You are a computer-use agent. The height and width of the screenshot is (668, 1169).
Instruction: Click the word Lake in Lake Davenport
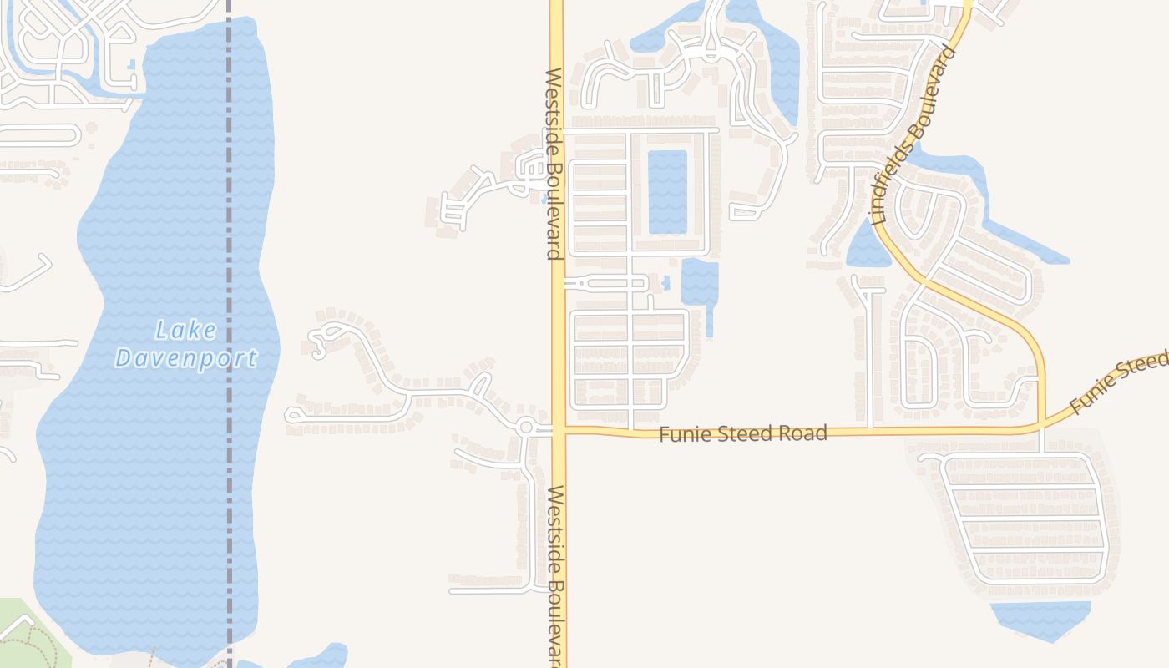[x=186, y=331]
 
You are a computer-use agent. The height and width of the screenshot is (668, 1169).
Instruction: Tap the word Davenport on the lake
[x=186, y=359]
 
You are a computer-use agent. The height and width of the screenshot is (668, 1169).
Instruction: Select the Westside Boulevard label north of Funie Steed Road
[x=554, y=164]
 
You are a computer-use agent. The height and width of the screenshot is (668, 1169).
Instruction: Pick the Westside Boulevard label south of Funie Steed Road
[x=556, y=576]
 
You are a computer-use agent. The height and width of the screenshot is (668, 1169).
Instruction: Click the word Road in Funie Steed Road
[x=803, y=433]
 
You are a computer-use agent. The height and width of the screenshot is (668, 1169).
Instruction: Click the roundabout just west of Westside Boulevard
[x=525, y=428]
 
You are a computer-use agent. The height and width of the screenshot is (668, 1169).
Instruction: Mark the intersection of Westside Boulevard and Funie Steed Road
[x=559, y=431]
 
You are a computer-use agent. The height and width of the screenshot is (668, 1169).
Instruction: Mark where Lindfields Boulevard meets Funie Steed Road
[x=1042, y=428]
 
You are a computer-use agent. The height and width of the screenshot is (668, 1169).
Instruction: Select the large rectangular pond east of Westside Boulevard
[x=667, y=192]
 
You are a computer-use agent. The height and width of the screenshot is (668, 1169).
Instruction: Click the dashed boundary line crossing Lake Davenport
[x=229, y=250]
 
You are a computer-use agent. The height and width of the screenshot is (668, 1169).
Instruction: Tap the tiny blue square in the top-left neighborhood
[x=132, y=65]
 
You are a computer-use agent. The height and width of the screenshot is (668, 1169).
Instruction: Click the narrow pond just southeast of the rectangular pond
[x=700, y=284]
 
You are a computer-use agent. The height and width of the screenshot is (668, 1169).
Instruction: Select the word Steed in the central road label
[x=743, y=433]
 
